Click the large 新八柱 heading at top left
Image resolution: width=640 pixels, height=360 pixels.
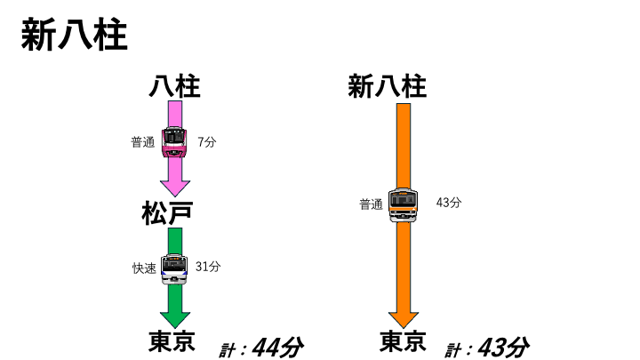(x=75, y=35)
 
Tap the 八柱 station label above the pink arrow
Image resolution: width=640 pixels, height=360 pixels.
(x=175, y=86)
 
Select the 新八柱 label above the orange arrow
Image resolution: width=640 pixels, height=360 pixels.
(x=388, y=86)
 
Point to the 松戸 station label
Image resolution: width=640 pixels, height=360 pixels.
(x=167, y=213)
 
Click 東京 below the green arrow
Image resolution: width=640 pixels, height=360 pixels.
(x=172, y=341)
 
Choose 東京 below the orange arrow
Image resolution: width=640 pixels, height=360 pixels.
(x=403, y=341)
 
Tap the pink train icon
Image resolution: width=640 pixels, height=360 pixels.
(x=175, y=141)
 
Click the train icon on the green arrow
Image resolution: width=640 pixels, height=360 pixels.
(x=174, y=268)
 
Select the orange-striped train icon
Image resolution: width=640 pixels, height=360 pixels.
(x=404, y=205)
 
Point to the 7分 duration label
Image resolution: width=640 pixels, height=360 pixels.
(x=207, y=142)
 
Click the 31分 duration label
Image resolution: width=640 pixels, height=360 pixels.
(x=208, y=267)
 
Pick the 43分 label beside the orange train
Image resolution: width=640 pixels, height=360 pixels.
(x=449, y=203)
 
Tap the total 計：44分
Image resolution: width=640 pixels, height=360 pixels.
(x=261, y=348)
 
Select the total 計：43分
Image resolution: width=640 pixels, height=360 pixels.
(x=487, y=348)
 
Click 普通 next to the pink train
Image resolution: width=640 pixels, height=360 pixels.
(x=143, y=142)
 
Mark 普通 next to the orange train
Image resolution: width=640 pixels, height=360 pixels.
(x=371, y=204)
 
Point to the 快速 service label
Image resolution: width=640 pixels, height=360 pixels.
(x=145, y=268)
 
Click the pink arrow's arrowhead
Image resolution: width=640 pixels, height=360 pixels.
(x=175, y=188)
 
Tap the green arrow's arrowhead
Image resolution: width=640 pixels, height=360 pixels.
(x=175, y=320)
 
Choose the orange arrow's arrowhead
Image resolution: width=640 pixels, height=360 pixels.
(x=404, y=320)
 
